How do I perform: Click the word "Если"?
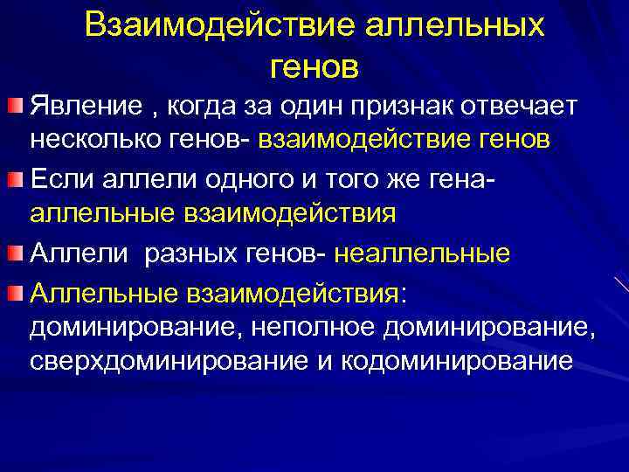click(x=58, y=180)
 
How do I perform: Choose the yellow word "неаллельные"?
click(x=422, y=253)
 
